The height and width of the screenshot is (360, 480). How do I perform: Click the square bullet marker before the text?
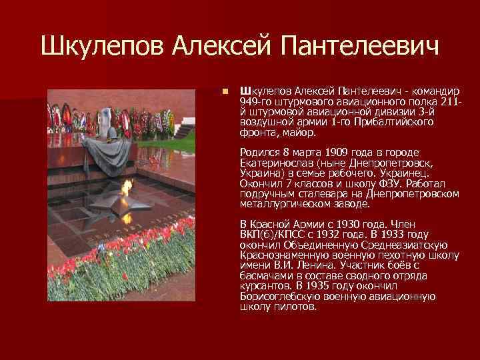click(x=227, y=91)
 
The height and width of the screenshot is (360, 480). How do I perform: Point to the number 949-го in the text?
click(x=255, y=101)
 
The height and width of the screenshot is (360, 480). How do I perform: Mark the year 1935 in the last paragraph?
click(x=377, y=286)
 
